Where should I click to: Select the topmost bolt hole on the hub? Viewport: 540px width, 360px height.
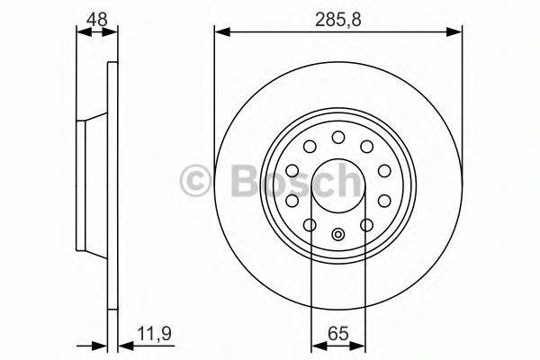coord(338,137)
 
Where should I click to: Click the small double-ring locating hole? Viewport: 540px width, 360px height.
coord(338,236)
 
